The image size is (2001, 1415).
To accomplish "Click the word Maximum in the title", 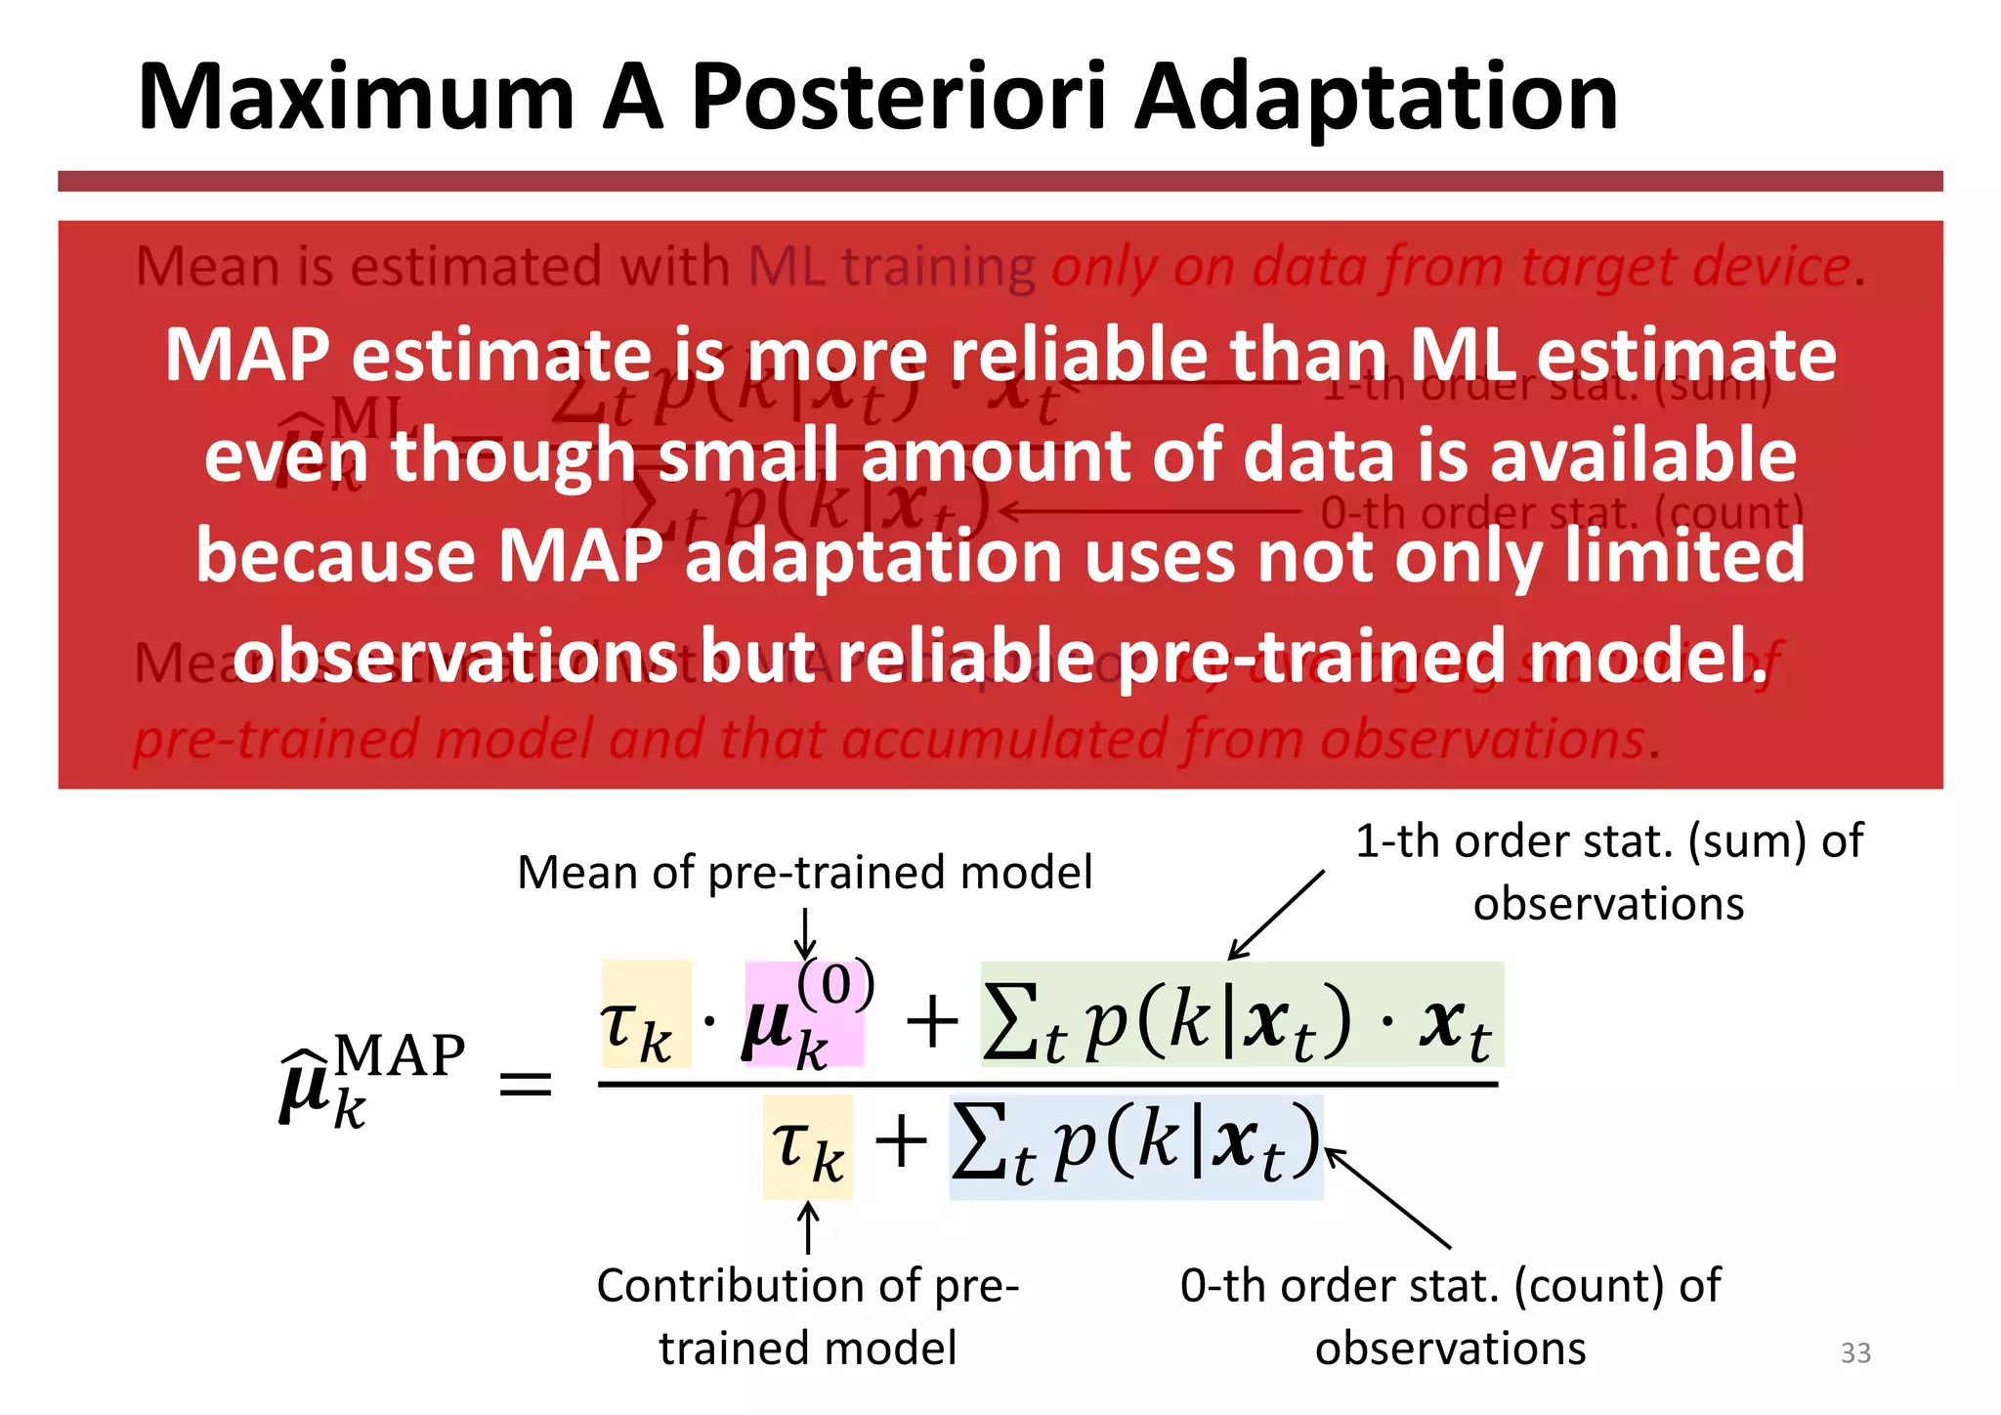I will click(356, 98).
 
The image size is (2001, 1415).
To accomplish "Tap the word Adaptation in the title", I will click(1376, 98).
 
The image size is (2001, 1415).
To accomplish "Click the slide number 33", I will click(1854, 1352).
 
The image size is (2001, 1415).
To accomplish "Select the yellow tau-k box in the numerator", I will click(646, 1014).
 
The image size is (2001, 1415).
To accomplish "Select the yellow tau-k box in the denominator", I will click(807, 1146).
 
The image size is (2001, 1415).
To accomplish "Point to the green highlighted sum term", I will click(1241, 1014).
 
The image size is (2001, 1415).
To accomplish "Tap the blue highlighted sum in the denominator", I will click(1135, 1146).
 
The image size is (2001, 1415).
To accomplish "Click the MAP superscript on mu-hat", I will click(400, 1056).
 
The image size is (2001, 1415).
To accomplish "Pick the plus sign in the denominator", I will click(900, 1142).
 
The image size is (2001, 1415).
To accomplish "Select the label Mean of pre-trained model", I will click(804, 872).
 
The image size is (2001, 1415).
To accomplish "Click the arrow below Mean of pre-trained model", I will click(805, 934).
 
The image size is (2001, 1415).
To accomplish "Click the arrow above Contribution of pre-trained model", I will click(807, 1227).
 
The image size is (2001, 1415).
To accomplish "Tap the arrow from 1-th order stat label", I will click(1276, 914).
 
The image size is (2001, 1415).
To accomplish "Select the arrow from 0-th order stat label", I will click(1387, 1199).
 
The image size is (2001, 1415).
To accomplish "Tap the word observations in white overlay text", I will click(455, 657).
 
